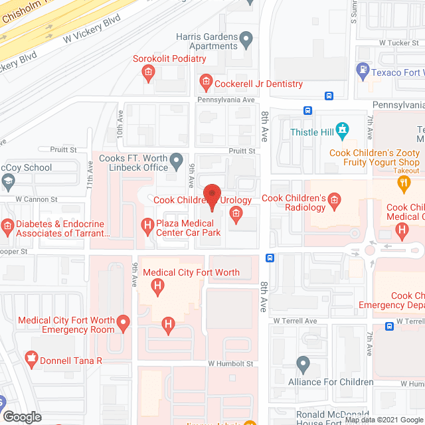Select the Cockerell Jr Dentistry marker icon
(206, 83)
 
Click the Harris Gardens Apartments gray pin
(246, 41)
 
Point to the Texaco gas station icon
(363, 68)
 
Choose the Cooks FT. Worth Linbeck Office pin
(177, 160)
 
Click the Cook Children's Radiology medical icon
(335, 199)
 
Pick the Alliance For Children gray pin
(303, 364)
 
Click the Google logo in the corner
(21, 417)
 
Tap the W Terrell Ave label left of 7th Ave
(296, 321)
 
